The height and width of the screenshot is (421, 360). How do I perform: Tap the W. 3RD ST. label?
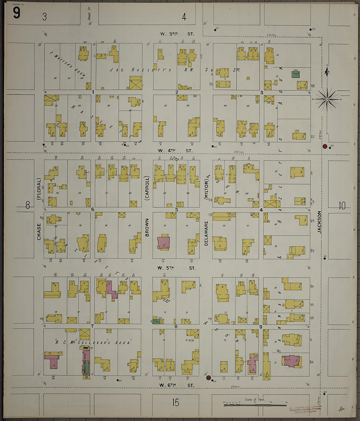177,34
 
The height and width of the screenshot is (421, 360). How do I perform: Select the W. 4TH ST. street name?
175,150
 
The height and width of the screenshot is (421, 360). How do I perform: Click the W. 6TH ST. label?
177,385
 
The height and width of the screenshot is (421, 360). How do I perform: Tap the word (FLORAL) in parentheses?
39,189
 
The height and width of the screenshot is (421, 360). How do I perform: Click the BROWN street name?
147,228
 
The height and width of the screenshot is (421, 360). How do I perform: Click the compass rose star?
327,99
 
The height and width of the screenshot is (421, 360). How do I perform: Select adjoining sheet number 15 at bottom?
176,402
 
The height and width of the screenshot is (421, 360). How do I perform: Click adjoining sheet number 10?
342,206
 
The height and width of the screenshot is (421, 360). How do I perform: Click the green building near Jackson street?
296,74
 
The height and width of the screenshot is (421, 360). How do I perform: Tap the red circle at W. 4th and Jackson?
325,147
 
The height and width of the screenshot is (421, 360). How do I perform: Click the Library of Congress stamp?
305,409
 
